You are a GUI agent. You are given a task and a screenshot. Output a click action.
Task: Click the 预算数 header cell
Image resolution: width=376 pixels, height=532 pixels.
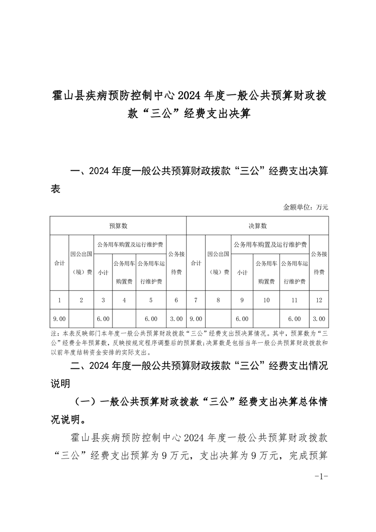tap(118, 226)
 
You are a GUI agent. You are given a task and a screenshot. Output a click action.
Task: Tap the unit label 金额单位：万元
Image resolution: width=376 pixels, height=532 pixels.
tap(305, 207)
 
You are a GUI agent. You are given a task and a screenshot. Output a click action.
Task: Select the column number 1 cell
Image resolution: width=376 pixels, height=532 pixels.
tap(60, 300)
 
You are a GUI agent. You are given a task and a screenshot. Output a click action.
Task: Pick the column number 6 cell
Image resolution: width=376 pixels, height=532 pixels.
tap(176, 300)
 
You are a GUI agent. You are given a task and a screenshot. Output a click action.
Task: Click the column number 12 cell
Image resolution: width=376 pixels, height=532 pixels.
tap(319, 300)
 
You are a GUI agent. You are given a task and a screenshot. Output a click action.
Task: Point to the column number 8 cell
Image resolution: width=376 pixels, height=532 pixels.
tap(218, 300)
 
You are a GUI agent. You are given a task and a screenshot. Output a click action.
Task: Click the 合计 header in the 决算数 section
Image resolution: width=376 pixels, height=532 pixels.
tap(196, 263)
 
